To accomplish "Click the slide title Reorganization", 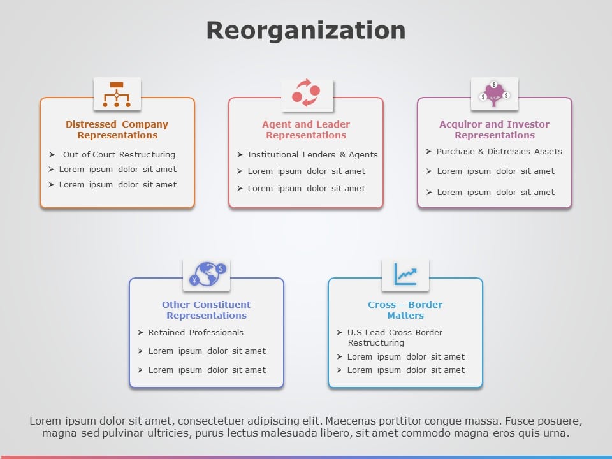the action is pos(306,31).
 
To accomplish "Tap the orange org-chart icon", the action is pos(117,94).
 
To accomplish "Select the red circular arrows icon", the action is pos(306,93).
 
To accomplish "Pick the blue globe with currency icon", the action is pos(207,274).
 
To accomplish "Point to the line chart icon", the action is pos(405,274).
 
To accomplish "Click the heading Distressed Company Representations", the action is pos(117,129).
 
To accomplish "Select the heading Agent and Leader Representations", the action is pos(306,129).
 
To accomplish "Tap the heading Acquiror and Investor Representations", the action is pos(495,129).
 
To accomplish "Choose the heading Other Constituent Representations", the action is pos(207,310).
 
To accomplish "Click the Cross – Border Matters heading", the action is pos(405,310).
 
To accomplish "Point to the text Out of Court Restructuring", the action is pos(119,154).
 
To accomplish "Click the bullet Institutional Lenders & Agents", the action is pos(312,154).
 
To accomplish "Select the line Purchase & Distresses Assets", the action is pos(499,152).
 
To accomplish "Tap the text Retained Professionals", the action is pos(196,333).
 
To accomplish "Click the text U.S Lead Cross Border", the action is pos(395,333).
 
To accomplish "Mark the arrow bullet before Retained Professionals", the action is pos(140,333).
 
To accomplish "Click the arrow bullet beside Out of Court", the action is pos(52,154).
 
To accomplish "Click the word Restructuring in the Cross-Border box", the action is pos(376,343).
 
